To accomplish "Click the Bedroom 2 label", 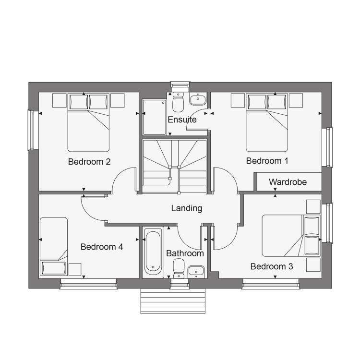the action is pyautogui.click(x=89, y=162).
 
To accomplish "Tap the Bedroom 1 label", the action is pyautogui.click(x=267, y=161).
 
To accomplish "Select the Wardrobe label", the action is pyautogui.click(x=288, y=182).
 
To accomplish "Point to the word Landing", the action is pyautogui.click(x=187, y=208).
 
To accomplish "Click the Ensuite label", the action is pyautogui.click(x=182, y=120).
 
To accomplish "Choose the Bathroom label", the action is pyautogui.click(x=185, y=253).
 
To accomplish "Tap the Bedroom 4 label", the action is pyautogui.click(x=102, y=247).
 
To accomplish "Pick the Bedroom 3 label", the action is pyautogui.click(x=272, y=266).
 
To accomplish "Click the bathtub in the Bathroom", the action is pyautogui.click(x=153, y=252).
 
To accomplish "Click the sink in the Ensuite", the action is pyautogui.click(x=198, y=99).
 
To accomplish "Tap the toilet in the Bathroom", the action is pyautogui.click(x=179, y=268).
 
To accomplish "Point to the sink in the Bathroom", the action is pyautogui.click(x=196, y=272).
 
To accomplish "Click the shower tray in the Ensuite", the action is pyautogui.click(x=154, y=117).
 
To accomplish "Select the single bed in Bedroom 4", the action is pyautogui.click(x=54, y=247).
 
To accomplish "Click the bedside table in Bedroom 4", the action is pyautogui.click(x=75, y=269).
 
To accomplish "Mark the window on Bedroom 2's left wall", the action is pyautogui.click(x=31, y=130).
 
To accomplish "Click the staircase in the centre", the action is pyautogui.click(x=175, y=166).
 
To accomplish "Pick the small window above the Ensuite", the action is pyautogui.click(x=180, y=84).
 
